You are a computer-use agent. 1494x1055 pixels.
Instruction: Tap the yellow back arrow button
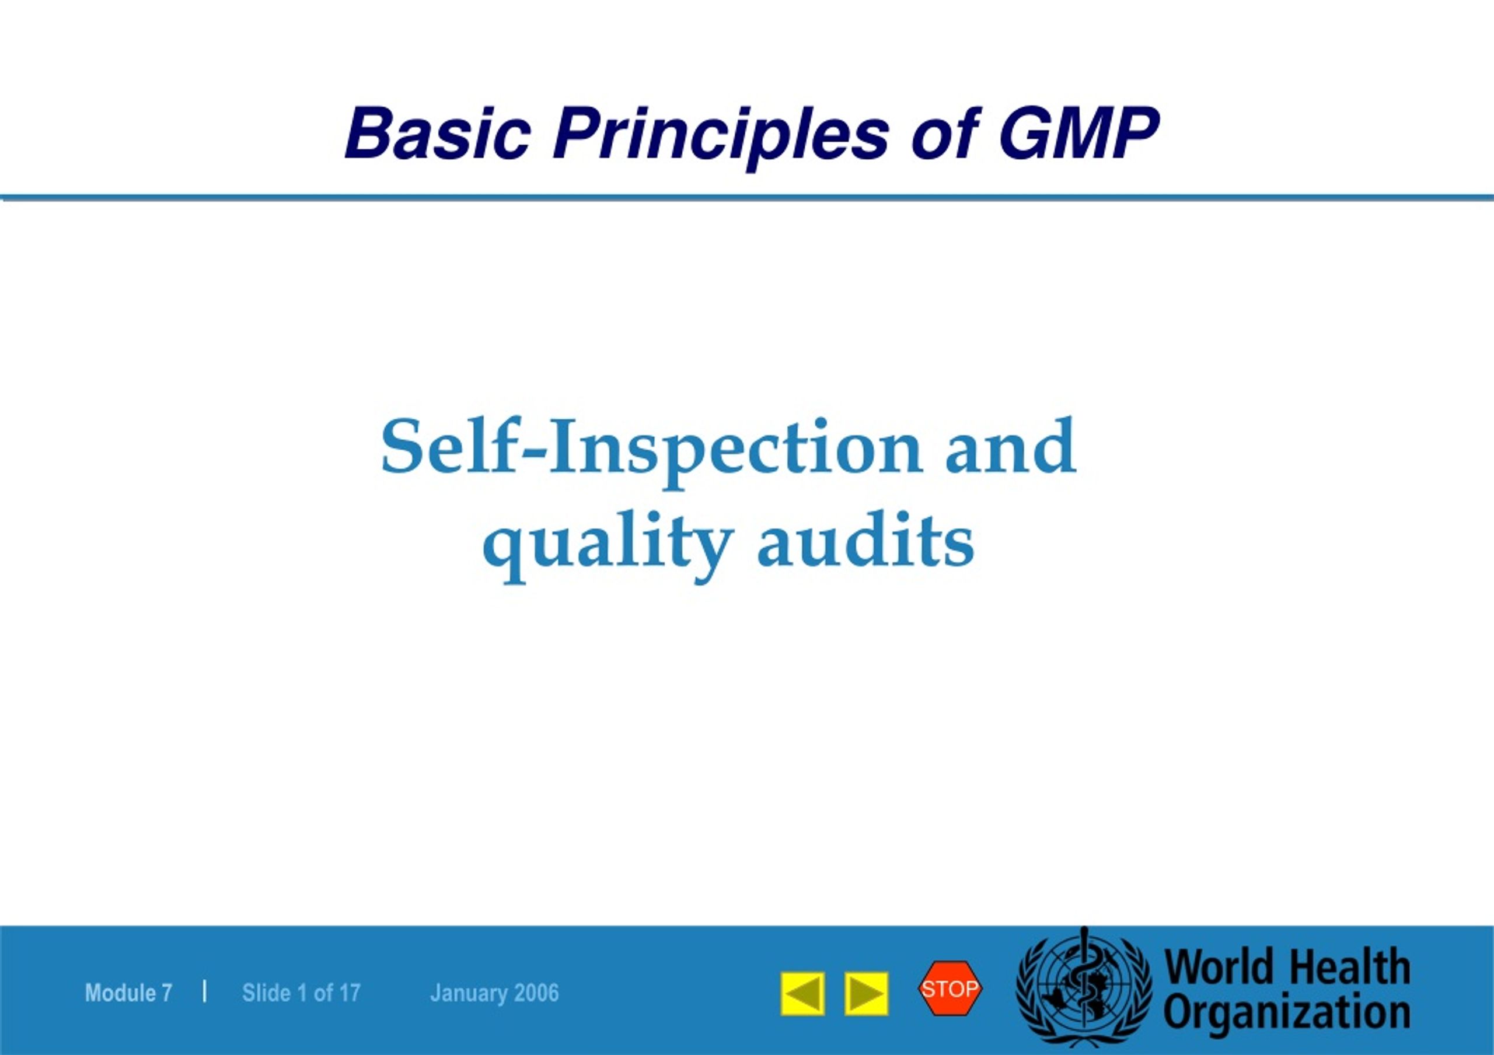pos(803,994)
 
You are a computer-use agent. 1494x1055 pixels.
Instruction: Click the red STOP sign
pos(950,988)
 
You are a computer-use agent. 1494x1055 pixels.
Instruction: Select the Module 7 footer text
pos(128,993)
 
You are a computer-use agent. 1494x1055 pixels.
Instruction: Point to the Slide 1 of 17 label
pos(301,993)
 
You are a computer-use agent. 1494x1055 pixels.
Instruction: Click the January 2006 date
pos(494,993)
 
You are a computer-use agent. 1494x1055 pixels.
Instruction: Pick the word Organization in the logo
pos(1287,1014)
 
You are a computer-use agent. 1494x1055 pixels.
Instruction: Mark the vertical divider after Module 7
pos(205,991)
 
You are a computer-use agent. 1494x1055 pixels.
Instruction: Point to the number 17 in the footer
pos(350,993)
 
